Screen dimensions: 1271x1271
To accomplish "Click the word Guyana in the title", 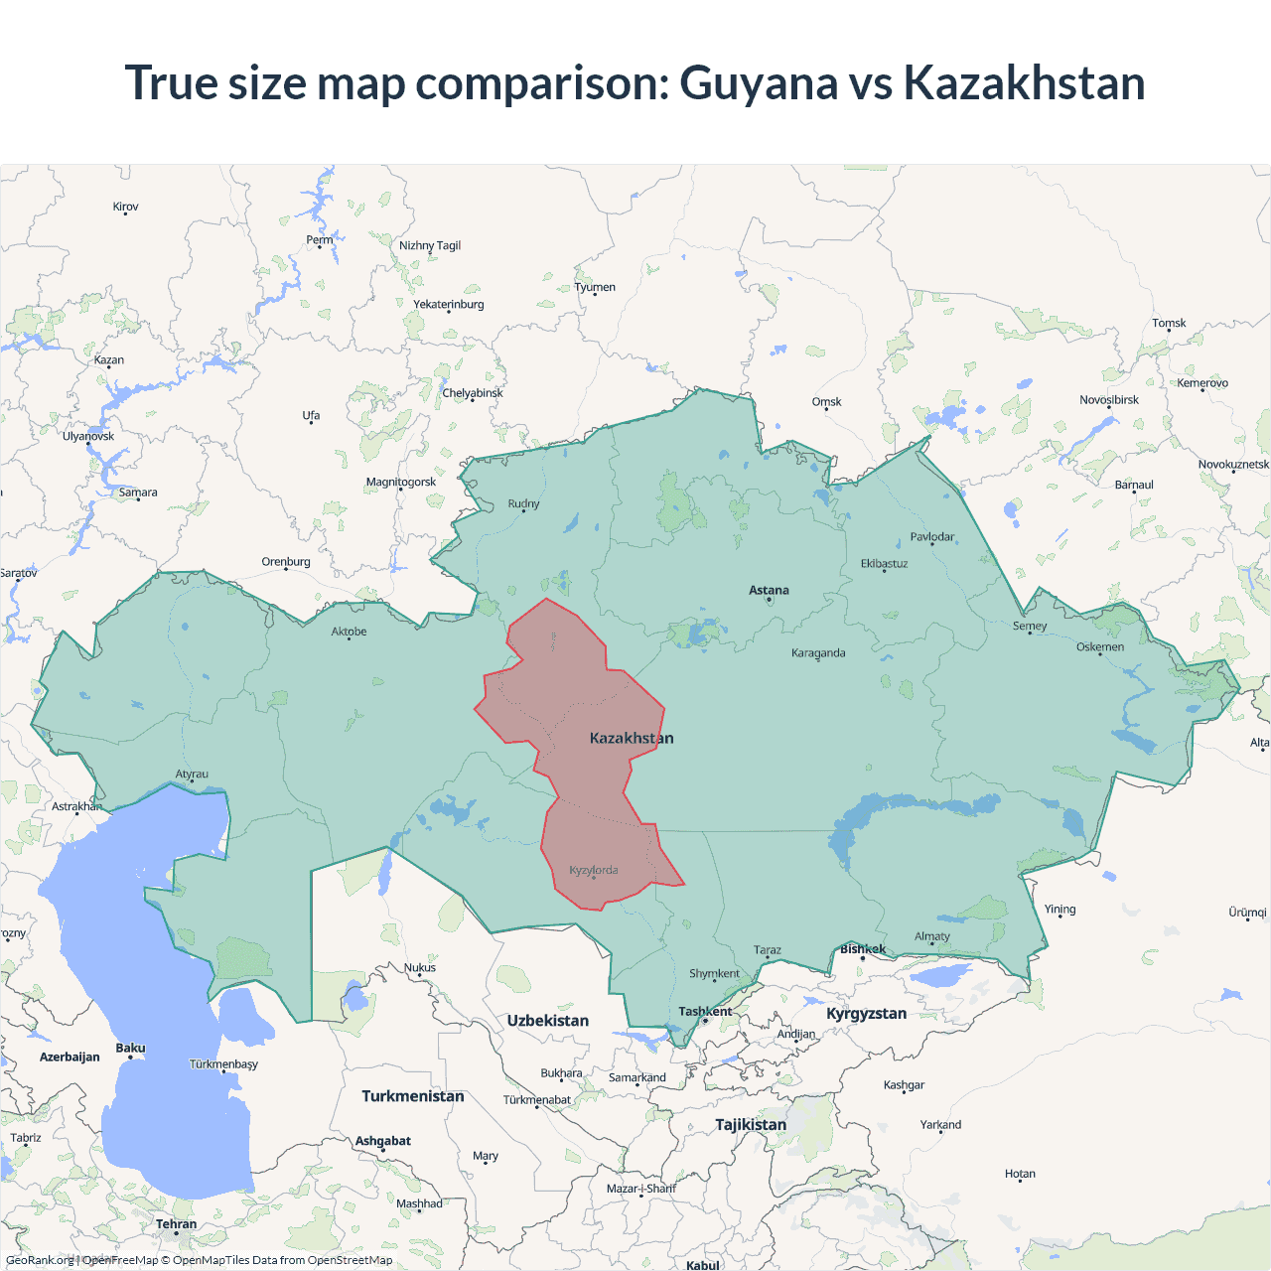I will coord(759,83).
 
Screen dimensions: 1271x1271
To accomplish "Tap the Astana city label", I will coord(769,590).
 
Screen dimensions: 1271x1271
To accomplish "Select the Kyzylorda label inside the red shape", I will coord(594,870).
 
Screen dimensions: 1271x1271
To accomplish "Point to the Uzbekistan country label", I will coord(547,1021).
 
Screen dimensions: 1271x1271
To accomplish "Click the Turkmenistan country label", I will coord(412,1096).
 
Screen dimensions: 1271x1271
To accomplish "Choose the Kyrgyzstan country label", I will coord(866,1013).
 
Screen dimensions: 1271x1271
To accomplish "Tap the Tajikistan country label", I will coord(751,1124).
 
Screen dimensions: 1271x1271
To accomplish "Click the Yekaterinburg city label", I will coord(449,305).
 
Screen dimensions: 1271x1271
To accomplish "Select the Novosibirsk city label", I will coord(1109,400).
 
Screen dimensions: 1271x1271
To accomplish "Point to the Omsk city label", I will coord(826,402).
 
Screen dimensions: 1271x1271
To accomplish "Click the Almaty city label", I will coord(932,936).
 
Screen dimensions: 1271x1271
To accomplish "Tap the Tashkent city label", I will coord(705,1012).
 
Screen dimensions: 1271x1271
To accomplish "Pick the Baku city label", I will coord(130,1049).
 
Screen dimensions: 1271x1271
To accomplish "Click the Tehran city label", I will coord(176,1224).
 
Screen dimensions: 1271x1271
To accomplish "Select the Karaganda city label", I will coord(818,653).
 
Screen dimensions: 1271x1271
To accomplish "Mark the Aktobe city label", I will coord(349,632).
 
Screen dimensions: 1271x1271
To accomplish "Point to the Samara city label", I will coord(138,493).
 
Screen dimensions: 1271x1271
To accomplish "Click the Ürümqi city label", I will coord(1247,913).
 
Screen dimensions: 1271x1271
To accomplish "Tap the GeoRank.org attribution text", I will coord(40,1260).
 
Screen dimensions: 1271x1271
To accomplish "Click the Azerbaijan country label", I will coord(70,1057).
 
